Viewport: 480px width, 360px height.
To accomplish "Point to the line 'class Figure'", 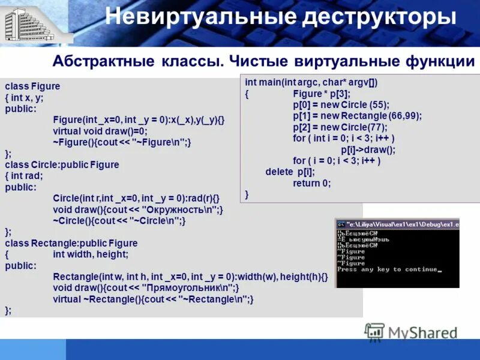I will pos(32,86).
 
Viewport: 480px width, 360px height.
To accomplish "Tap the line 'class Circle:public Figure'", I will pos(62,164).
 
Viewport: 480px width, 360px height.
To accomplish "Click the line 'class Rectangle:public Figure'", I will pos(71,243).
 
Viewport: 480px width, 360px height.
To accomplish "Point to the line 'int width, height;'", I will pos(91,254).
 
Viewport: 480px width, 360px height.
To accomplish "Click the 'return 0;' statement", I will pos(311,184).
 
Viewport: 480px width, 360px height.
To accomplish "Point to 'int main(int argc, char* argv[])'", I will pos(311,82).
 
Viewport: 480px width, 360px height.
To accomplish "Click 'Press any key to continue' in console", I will pos(389,269).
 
